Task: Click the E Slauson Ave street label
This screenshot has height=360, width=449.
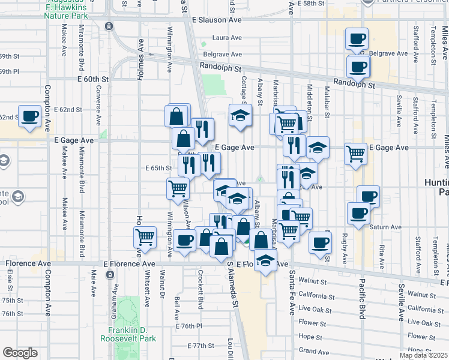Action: [x=217, y=20]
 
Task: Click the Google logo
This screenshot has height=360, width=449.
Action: [x=20, y=353]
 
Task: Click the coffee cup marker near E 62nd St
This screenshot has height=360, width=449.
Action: [x=29, y=116]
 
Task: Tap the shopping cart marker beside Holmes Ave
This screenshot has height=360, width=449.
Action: [x=145, y=237]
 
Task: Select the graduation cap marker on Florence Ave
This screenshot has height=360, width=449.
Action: [x=264, y=260]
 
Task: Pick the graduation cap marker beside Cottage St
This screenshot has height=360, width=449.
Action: [x=240, y=115]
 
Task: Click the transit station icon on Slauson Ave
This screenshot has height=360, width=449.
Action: [x=109, y=26]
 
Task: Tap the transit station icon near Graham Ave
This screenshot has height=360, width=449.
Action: [x=110, y=274]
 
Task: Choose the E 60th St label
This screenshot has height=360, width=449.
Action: [x=92, y=79]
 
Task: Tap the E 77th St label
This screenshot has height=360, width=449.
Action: [x=200, y=346]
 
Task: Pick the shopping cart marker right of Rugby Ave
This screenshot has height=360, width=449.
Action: [x=356, y=153]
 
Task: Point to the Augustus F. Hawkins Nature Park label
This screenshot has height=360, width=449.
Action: [x=68, y=9]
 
